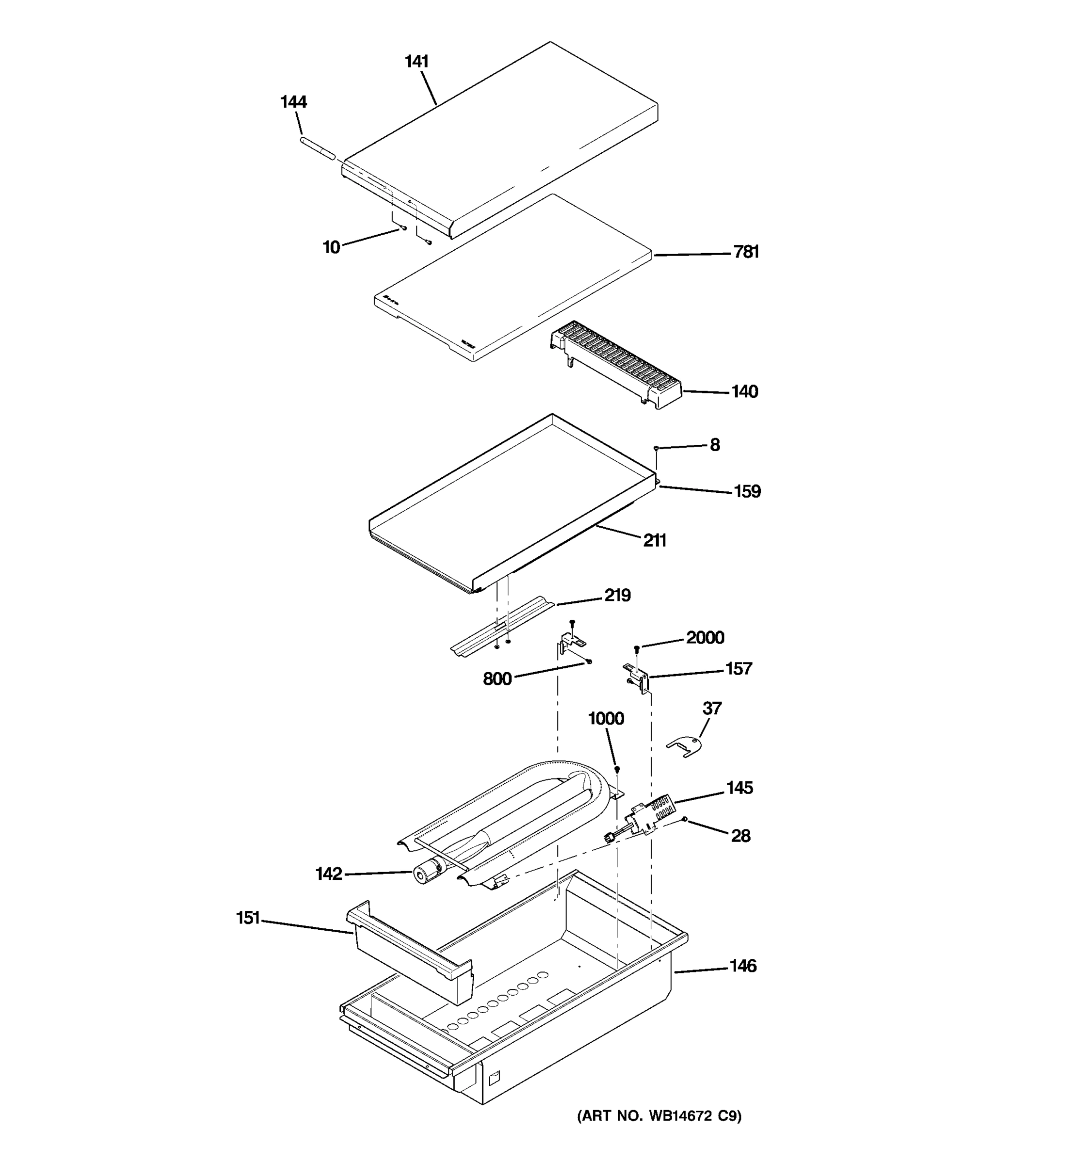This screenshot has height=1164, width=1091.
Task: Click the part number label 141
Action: pos(417,61)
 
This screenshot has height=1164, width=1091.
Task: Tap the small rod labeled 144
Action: pos(318,149)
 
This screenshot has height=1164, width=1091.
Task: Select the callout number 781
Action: pos(746,252)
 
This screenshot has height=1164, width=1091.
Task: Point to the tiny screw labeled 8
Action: pos(657,448)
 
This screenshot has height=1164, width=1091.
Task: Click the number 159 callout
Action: pos(747,491)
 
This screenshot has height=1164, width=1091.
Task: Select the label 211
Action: pos(655,540)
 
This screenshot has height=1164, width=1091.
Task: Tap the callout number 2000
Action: pos(705,638)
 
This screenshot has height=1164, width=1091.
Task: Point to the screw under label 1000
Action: pos(616,769)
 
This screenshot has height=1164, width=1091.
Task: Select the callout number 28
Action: pos(740,836)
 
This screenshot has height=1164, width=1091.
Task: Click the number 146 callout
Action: pos(743,966)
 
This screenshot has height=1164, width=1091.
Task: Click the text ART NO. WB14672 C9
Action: pos(659,1116)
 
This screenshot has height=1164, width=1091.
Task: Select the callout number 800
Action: pos(497,679)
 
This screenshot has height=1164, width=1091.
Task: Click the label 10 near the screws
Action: pos(331,248)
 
